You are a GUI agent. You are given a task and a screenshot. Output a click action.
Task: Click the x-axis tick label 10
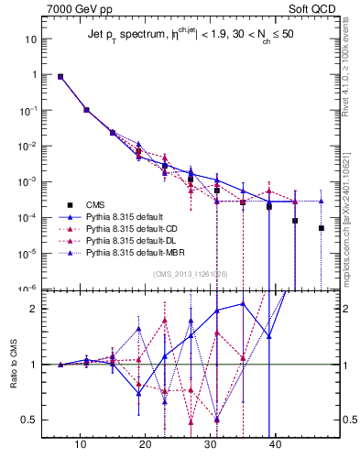82,444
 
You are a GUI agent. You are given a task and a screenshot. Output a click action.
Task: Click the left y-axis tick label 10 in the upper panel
30,39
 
